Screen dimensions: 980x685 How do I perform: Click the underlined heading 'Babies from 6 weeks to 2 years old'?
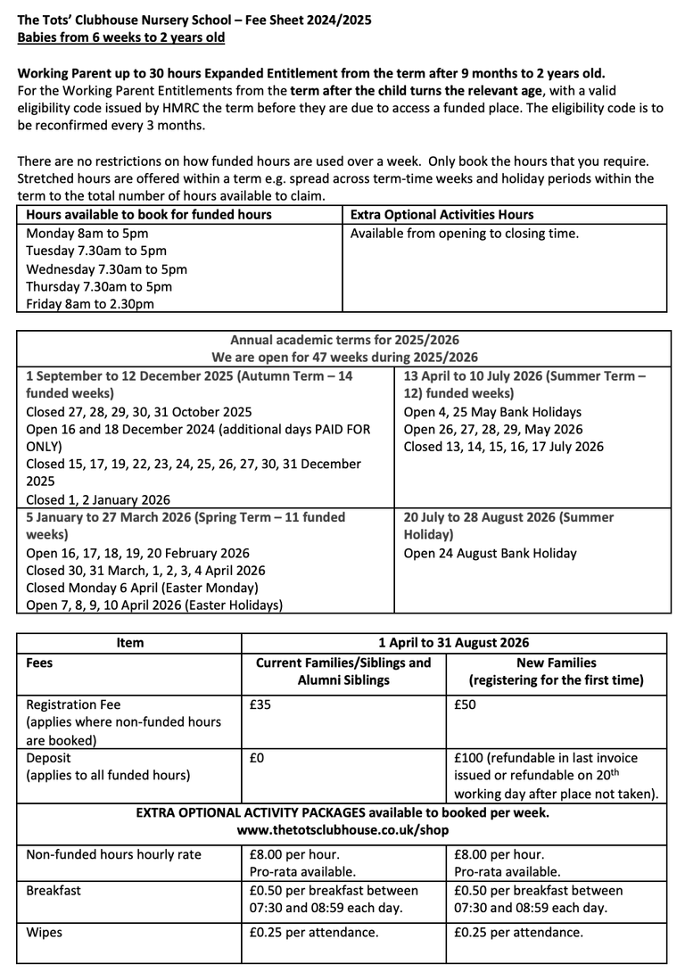(121, 37)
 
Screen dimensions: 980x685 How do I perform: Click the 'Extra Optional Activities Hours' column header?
(442, 215)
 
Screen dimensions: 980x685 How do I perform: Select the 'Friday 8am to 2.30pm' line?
(90, 304)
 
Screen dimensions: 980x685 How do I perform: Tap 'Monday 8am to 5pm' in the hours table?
(86, 234)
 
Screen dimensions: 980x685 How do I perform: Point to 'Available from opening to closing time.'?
(465, 234)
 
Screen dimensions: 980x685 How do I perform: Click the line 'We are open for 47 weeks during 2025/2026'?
(344, 358)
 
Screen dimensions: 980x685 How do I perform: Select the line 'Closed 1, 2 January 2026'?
(98, 500)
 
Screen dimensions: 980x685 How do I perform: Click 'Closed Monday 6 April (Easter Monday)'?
(142, 588)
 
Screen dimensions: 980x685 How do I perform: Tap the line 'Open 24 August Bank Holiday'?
(491, 553)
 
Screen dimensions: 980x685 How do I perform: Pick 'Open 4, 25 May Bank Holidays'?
(492, 412)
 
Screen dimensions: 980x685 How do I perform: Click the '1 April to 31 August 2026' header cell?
(454, 642)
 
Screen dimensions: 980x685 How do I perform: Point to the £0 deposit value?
(257, 758)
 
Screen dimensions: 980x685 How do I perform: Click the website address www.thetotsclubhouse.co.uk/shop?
(342, 830)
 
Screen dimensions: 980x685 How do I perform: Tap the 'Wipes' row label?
(44, 933)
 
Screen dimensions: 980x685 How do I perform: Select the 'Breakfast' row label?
(54, 890)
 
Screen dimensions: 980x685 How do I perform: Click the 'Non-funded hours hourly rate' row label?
(114, 854)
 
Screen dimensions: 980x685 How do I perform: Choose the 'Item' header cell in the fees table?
(129, 642)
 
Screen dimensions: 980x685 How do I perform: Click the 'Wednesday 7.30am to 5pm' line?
(107, 268)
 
